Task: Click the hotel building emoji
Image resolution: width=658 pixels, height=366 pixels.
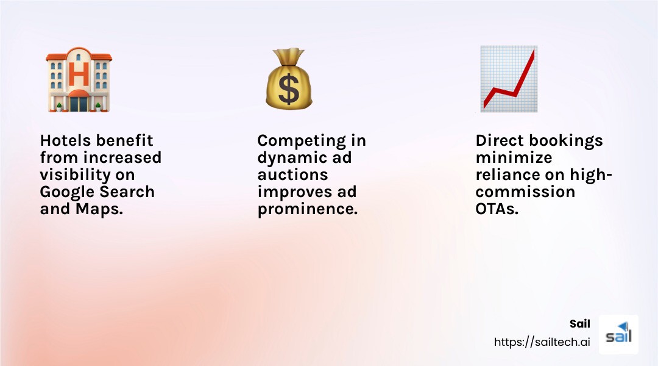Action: point(79,79)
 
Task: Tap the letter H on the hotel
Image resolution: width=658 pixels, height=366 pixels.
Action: point(79,74)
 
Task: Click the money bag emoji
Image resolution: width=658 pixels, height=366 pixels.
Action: point(288,80)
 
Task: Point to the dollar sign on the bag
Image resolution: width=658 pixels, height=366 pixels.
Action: point(289,89)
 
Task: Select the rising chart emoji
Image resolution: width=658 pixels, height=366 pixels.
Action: point(508,79)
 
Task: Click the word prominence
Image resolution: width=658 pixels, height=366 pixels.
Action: point(306,209)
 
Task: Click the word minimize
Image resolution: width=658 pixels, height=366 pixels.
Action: point(514,157)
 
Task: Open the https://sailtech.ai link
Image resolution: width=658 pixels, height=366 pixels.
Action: point(542,342)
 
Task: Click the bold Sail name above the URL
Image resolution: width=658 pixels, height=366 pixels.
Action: point(579,324)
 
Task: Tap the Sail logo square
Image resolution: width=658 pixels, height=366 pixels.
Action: point(618,334)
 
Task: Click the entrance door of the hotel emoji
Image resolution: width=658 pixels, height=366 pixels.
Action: point(79,104)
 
